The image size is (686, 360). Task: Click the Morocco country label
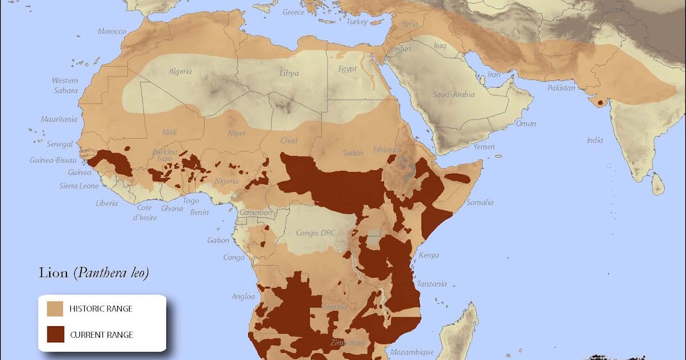111,31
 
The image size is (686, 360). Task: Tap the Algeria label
180,71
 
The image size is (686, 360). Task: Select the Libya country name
289,73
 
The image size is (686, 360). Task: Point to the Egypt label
347,69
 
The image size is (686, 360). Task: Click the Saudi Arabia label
453,94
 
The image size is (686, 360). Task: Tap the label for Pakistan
561,89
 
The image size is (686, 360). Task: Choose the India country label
595,140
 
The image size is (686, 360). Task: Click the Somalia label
480,202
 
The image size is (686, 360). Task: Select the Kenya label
429,255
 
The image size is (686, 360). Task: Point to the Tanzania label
432,284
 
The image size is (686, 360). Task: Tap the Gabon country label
218,241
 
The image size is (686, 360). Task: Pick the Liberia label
106,203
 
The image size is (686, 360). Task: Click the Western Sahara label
65,86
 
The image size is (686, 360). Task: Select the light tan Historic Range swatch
55,309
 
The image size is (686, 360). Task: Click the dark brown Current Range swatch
55,334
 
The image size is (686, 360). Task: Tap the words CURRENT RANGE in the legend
101,335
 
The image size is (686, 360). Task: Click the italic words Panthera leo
111,273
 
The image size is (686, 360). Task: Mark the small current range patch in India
599,103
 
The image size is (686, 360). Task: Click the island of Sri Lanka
658,184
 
